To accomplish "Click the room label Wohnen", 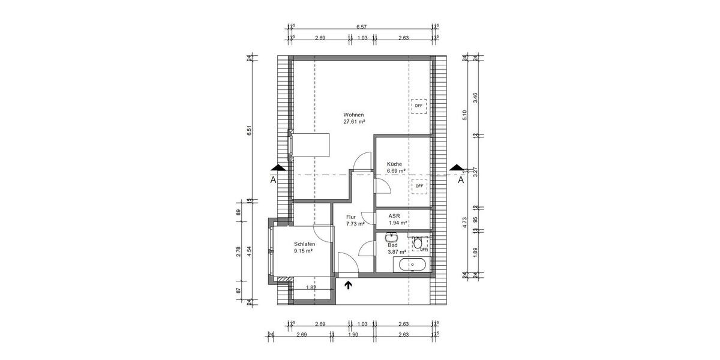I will pos(353,115).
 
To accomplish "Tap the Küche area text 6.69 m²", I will pos(396,171).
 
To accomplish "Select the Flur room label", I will pos(351,217).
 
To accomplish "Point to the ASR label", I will pos(394,216).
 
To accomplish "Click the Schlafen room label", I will pos(304,244).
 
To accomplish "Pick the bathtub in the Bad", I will pos(410,265).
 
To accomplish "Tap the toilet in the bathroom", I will pos(418,244).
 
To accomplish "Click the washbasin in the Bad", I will pos(389,238).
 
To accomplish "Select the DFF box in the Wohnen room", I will pos(418,106).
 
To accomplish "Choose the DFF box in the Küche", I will pos(419,186).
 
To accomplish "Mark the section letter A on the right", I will pos(461,179).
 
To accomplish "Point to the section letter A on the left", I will pos(273,179).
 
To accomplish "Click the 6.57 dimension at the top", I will pos(361,27).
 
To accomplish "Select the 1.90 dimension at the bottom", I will pos(353,334).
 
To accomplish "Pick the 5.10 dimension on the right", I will pos(464,115).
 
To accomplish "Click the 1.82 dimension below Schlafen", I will pos(311,287).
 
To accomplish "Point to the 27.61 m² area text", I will pos(354,121).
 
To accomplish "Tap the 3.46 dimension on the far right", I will pos(475,98).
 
